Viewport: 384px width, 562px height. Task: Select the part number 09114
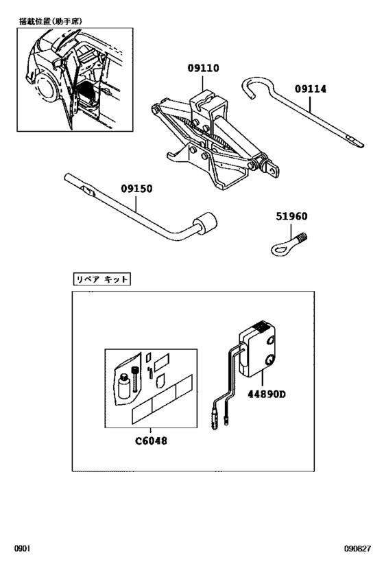[x=311, y=89]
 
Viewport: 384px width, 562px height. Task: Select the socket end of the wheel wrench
[x=205, y=226]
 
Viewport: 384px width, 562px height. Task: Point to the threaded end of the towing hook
[x=302, y=239]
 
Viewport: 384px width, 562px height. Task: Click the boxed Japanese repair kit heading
[x=101, y=279]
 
